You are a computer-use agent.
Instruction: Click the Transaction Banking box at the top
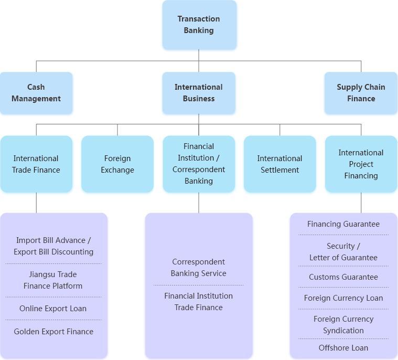199,25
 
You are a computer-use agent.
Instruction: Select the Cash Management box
36,93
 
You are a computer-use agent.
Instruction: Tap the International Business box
199,93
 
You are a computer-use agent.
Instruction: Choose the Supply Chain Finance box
361,93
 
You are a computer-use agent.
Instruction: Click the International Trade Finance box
36,164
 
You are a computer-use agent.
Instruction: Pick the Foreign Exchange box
117,164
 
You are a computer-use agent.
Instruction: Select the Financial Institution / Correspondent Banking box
199,164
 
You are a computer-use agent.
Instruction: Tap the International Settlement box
279,164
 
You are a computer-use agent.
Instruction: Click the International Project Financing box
361,164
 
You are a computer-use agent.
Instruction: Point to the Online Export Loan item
53,309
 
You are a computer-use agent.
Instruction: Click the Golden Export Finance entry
53,332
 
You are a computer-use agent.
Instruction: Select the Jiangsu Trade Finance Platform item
53,280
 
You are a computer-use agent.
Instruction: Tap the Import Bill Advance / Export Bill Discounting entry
53,246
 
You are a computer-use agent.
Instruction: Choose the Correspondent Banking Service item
199,268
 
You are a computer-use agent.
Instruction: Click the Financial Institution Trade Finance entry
199,302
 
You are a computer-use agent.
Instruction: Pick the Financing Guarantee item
343,224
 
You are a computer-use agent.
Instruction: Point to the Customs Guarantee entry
343,277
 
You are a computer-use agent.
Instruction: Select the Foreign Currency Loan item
343,298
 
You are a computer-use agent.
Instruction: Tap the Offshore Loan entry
343,348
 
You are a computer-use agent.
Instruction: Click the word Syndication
343,331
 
